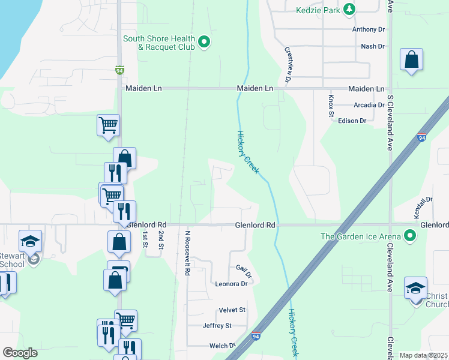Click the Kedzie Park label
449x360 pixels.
pyautogui.click(x=317, y=10)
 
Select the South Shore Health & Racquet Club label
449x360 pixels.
pyautogui.click(x=158, y=43)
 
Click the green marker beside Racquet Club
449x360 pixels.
pyautogui.click(x=204, y=42)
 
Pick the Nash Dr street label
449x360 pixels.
pyautogui.click(x=372, y=46)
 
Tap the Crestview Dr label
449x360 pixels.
pyautogui.click(x=288, y=65)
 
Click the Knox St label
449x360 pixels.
pyautogui.click(x=331, y=103)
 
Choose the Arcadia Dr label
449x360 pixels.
pyautogui.click(x=369, y=104)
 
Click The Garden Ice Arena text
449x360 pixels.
pyautogui.click(x=361, y=236)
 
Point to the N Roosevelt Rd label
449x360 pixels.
pyautogui.click(x=187, y=253)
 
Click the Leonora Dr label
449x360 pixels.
pyautogui.click(x=232, y=284)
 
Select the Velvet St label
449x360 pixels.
pyautogui.click(x=232, y=310)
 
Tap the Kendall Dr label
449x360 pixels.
pyautogui.click(x=427, y=207)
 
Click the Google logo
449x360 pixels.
pyautogui.click(x=20, y=353)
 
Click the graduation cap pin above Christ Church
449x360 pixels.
pyautogui.click(x=416, y=288)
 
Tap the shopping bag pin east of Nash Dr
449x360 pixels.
pyautogui.click(x=412, y=60)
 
